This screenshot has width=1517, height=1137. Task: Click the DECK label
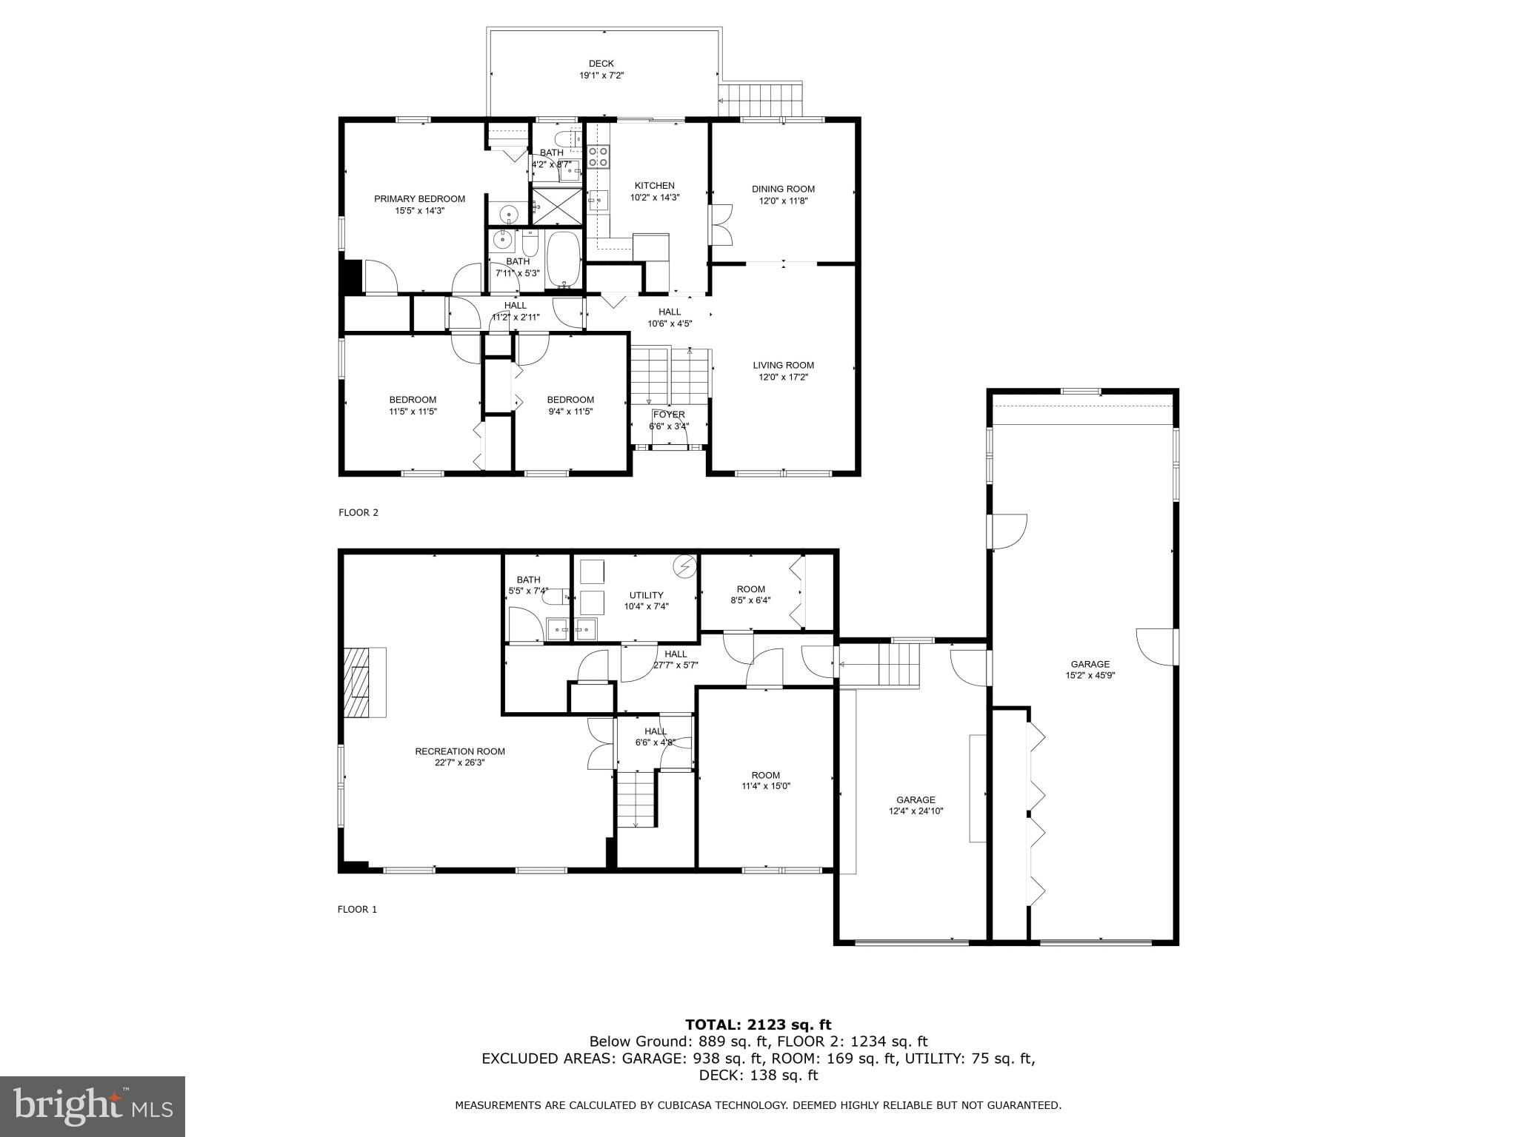click(601, 64)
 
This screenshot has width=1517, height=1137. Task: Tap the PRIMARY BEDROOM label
click(419, 198)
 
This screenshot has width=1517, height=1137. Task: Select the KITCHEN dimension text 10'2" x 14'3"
click(654, 198)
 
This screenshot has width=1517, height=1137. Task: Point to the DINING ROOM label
click(783, 189)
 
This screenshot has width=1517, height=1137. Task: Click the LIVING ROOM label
click(783, 365)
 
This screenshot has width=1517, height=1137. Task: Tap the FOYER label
click(668, 415)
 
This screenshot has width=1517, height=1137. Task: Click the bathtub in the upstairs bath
click(564, 259)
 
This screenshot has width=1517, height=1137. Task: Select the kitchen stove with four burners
click(599, 156)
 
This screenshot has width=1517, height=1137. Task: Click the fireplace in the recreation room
click(364, 682)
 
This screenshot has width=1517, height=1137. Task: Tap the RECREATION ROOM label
click(459, 751)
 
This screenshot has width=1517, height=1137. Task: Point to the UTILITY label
click(646, 595)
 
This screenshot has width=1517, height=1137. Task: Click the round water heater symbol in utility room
click(684, 567)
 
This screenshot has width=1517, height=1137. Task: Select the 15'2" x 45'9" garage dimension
click(1090, 675)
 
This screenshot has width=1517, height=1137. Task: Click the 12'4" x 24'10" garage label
click(916, 811)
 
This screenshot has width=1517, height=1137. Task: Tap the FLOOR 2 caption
click(359, 512)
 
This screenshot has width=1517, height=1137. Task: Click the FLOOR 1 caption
click(357, 910)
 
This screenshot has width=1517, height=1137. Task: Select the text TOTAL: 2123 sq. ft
click(758, 1024)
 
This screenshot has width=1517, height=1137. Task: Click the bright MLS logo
click(92, 1106)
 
